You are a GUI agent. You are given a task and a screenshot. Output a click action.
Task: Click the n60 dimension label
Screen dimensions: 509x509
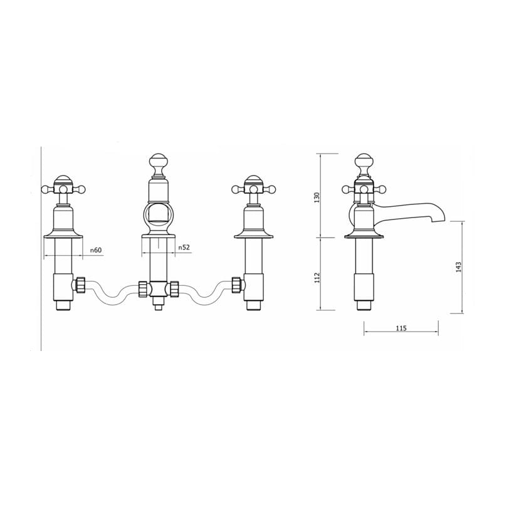coord(95,250)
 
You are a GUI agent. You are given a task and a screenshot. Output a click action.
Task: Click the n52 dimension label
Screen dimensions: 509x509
coord(184,248)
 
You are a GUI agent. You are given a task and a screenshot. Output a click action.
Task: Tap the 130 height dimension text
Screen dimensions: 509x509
coord(318,196)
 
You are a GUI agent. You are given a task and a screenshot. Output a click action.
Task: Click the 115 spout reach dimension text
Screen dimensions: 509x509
coord(401,328)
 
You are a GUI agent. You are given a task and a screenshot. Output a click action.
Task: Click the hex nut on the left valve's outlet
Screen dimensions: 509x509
coord(80,285)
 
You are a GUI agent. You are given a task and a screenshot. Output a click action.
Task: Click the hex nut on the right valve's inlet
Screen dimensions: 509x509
coord(237,285)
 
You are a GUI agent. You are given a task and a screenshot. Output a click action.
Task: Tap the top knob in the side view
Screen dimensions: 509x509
coord(364,164)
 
